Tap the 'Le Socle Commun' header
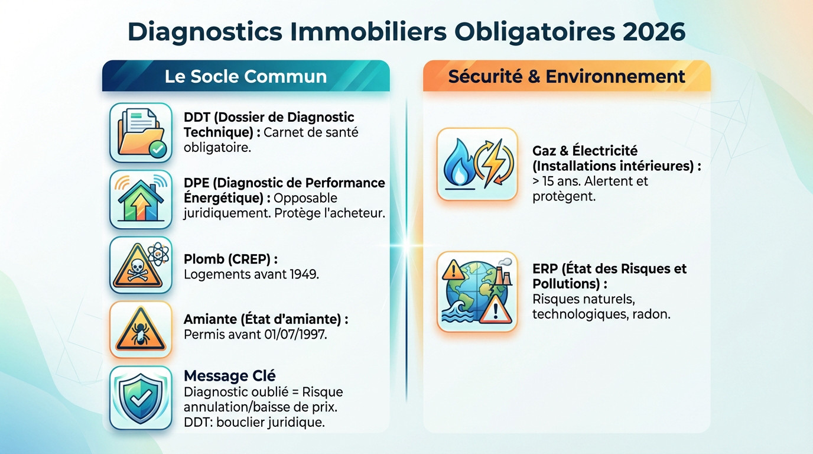245,76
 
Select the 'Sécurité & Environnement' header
567,76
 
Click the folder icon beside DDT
141,132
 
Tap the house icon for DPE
141,200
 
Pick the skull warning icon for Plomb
141,265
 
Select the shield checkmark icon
141,397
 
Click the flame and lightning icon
477,164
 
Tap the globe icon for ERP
477,291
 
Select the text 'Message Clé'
230,375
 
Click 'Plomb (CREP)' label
230,259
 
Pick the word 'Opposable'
305,198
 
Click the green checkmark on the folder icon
158,150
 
